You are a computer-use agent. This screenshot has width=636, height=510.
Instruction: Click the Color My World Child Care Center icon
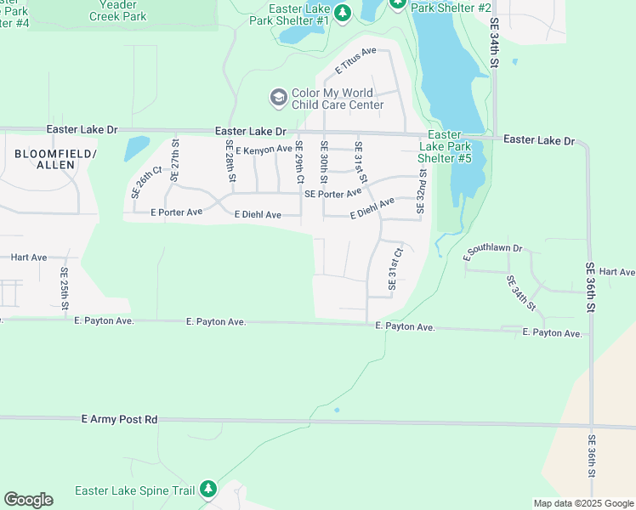tap(278, 99)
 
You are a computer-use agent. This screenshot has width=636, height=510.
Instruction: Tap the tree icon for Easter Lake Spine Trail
tap(208, 490)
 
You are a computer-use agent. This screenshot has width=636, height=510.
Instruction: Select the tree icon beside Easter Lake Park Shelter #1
tap(342, 13)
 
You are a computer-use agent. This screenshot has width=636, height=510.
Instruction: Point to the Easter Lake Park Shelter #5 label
tap(445, 146)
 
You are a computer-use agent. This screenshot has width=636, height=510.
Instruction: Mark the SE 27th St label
tap(174, 161)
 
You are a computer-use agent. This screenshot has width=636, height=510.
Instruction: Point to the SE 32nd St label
tap(420, 190)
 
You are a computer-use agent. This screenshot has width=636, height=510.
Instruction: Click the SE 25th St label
tap(65, 288)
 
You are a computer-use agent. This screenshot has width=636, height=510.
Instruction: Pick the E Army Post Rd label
tap(120, 419)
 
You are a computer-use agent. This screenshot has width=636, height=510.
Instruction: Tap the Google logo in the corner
tap(28, 500)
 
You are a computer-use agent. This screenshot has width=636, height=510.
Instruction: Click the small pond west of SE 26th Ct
tap(135, 149)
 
